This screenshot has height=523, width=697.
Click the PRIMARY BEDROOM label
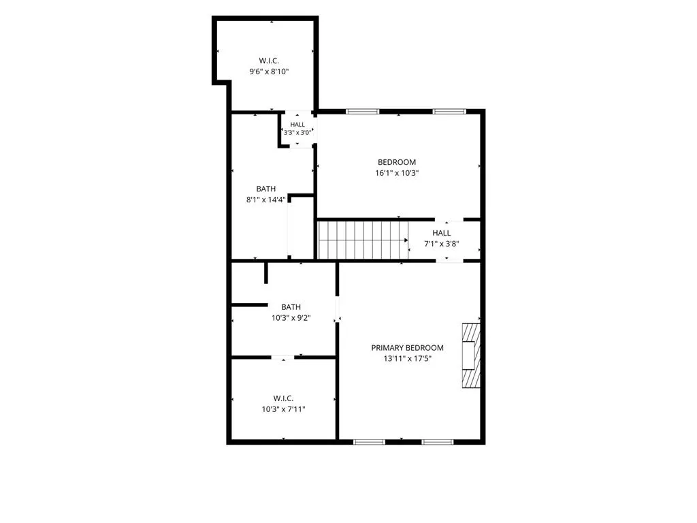coord(407,348)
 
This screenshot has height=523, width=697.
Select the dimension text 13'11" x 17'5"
coord(408,358)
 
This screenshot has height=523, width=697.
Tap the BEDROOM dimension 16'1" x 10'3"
coord(397,173)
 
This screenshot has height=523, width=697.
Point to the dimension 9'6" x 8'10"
coord(269,71)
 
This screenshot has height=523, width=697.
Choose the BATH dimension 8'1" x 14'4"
coord(266,200)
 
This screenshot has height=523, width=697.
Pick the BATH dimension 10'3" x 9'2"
coord(291,318)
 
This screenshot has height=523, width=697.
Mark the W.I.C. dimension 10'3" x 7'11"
coord(283,409)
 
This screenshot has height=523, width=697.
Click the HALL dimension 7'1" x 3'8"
coord(441,244)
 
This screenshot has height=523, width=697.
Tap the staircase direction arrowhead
coord(406,240)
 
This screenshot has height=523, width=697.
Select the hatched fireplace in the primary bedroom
coord(471,355)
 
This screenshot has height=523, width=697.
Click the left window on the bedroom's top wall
coord(363,111)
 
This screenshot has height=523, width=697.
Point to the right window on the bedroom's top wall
coord(449,111)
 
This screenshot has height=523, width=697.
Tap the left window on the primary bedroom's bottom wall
coord(369,442)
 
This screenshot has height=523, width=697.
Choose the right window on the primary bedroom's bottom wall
coord(438,442)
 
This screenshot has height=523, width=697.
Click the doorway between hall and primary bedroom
coord(449,261)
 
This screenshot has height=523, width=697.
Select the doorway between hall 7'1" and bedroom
coord(449,219)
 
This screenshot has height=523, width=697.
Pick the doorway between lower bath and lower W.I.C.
coord(282,358)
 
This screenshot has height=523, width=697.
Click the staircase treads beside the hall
coord(363,240)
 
